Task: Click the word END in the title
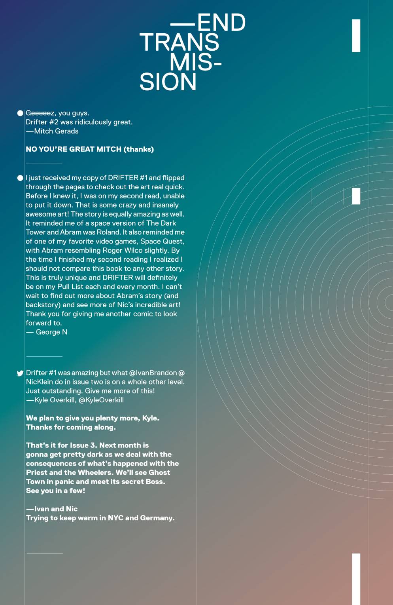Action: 221,23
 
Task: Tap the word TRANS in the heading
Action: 179,42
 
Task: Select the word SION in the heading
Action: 168,82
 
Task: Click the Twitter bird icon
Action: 20,373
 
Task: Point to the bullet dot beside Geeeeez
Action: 20,113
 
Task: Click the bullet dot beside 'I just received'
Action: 20,178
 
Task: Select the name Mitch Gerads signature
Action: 56,131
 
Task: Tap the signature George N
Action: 51,332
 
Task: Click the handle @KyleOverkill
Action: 101,400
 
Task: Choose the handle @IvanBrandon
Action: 153,373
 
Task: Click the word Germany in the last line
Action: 157,518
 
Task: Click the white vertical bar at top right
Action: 356,36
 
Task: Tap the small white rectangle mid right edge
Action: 356,196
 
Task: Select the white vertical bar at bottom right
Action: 356,578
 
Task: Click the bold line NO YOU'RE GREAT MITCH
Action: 90,149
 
